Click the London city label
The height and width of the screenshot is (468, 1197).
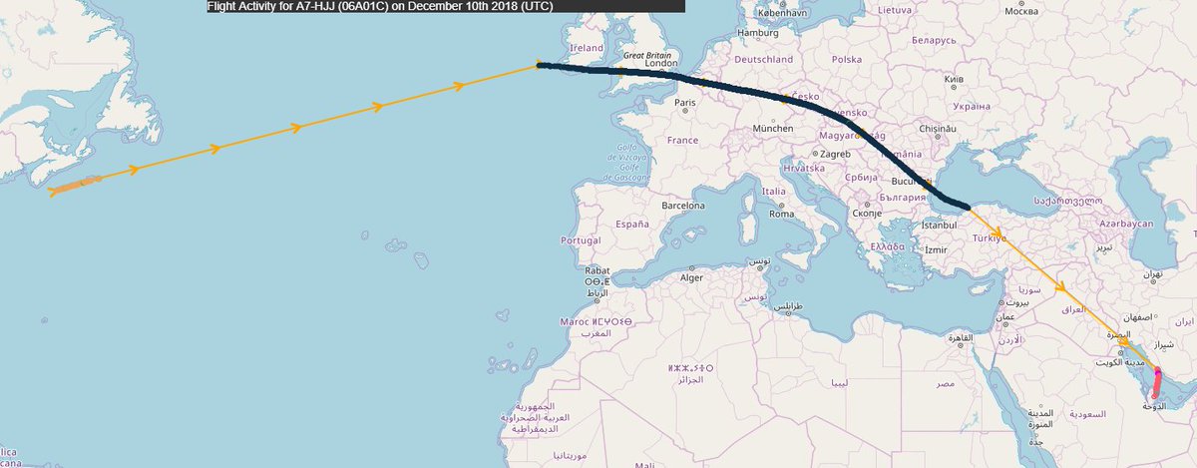pyautogui.click(x=661, y=64)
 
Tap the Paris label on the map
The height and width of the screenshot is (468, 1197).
pyautogui.click(x=684, y=103)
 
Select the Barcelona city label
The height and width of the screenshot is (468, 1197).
pyautogui.click(x=683, y=206)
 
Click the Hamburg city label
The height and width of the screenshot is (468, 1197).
pyautogui.click(x=757, y=33)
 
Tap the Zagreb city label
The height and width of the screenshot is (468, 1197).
pyautogui.click(x=836, y=155)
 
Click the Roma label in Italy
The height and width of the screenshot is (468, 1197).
pyautogui.click(x=780, y=215)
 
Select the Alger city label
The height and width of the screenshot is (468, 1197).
pyautogui.click(x=691, y=277)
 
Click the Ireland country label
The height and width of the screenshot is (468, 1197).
pyautogui.click(x=586, y=48)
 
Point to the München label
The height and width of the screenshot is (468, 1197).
pyautogui.click(x=773, y=129)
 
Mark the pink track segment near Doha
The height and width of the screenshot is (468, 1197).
pyautogui.click(x=1156, y=382)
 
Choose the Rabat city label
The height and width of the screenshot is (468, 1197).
pyautogui.click(x=598, y=270)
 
